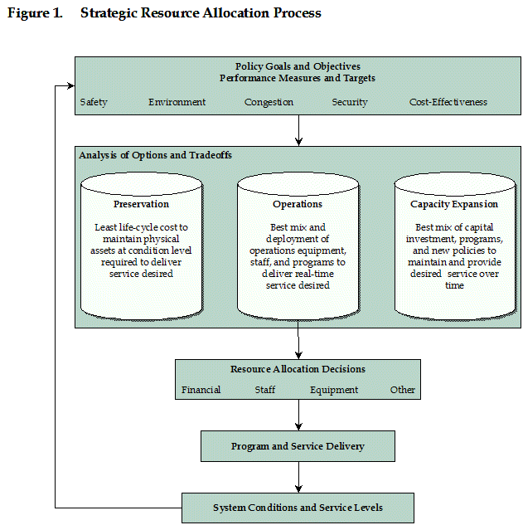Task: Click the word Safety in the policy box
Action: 94,102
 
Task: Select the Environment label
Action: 177,102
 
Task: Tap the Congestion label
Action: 269,102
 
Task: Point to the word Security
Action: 350,102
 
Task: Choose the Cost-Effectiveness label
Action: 448,102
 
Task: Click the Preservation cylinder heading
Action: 141,204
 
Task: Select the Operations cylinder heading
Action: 298,204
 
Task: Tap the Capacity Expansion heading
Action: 454,204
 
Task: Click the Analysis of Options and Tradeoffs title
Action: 155,155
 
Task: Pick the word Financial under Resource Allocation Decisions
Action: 201,390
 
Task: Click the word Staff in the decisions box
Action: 265,390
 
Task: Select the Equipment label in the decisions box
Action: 334,390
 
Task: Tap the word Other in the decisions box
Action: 403,390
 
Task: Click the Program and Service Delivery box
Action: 298,446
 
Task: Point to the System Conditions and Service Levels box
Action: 298,508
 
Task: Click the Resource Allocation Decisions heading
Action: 298,369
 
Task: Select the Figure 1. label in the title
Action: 35,13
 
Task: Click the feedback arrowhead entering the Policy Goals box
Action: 71,86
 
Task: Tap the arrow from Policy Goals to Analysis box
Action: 299,130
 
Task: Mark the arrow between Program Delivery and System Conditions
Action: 299,477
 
